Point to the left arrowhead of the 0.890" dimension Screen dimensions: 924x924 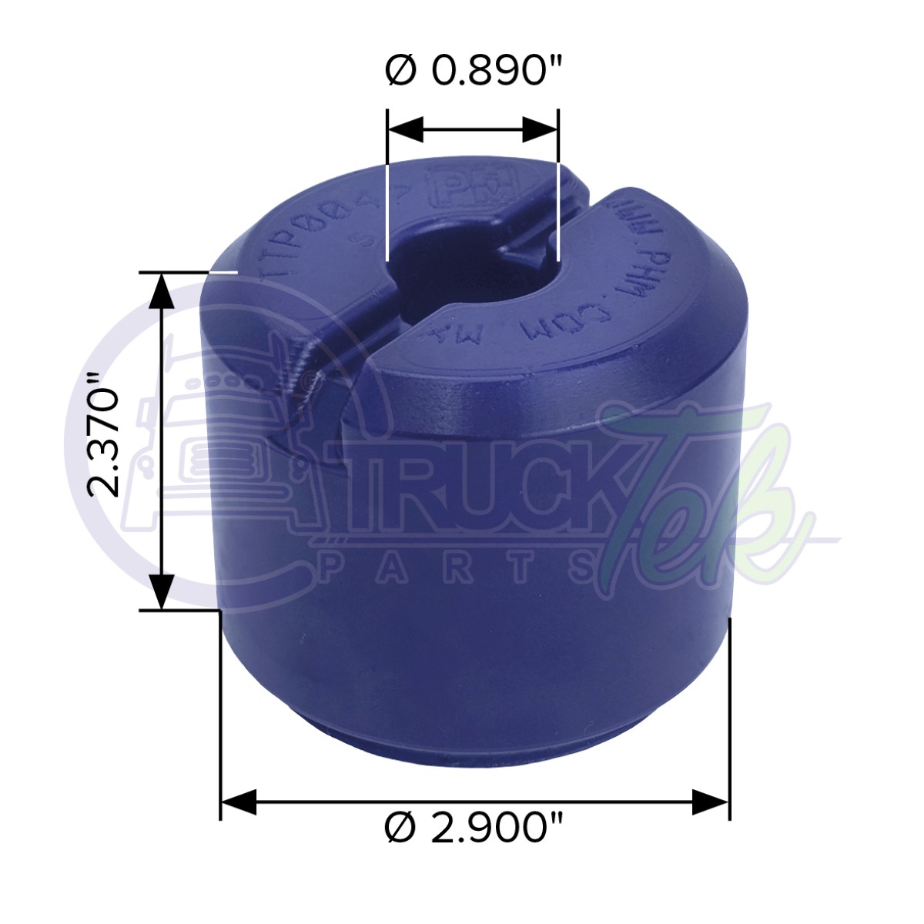click(404, 130)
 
